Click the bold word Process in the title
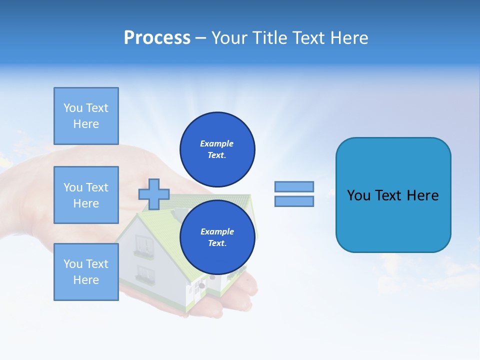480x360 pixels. pos(157,38)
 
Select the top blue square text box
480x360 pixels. pos(86,116)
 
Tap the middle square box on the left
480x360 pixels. pos(86,195)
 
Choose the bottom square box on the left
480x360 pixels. pos(86,272)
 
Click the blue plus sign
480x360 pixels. pos(154,194)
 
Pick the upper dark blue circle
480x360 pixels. pos(217,149)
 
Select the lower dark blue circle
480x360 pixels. pos(217,237)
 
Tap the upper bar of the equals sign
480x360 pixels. pos(294,186)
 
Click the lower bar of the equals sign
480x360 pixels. pos(294,201)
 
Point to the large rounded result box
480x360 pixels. pos(393,195)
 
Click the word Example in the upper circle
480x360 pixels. pos(217,143)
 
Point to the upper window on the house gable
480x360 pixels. pos(144,245)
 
